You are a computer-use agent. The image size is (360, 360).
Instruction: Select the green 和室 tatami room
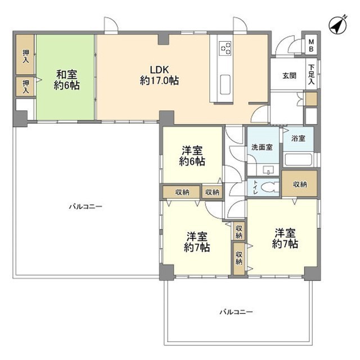coord(66,79)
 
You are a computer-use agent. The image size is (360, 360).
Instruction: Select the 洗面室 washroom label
coord(262,147)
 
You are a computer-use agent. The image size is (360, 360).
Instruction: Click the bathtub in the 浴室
coord(299,159)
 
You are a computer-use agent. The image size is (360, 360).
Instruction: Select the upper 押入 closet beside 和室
coord(25,55)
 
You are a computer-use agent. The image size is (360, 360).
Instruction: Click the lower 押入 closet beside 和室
coord(25,85)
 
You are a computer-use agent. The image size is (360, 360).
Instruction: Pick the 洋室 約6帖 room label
coord(192,156)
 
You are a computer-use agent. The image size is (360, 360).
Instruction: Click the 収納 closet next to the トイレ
coord(300,184)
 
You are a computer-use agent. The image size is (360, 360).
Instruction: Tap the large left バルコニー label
coord(85,206)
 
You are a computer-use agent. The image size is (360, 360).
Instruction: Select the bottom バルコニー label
coord(236,311)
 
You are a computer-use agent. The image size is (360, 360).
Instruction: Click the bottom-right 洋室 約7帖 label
coord(285,238)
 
